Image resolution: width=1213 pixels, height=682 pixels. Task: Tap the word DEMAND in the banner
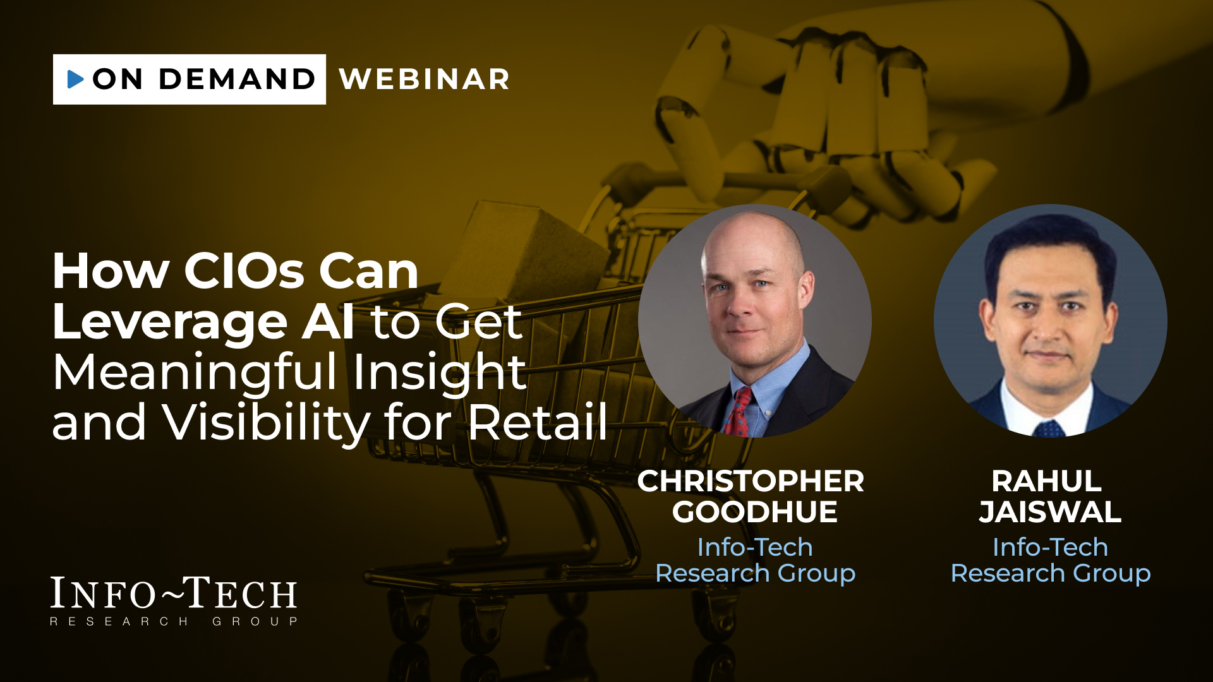237,79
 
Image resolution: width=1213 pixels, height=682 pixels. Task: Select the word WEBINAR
425,80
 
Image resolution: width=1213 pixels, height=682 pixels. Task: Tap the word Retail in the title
538,421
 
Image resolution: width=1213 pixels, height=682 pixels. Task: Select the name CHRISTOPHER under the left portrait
751,481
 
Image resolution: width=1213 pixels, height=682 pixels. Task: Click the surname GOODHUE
755,512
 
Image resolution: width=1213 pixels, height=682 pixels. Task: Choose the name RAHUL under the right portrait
1047,481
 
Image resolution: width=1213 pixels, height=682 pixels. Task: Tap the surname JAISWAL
1050,512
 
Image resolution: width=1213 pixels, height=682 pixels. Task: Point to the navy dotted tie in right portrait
1049,429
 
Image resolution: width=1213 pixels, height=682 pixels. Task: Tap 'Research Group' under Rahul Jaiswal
1051,573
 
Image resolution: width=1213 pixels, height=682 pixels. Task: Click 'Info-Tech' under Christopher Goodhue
755,547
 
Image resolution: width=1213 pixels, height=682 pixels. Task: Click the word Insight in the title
439,373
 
